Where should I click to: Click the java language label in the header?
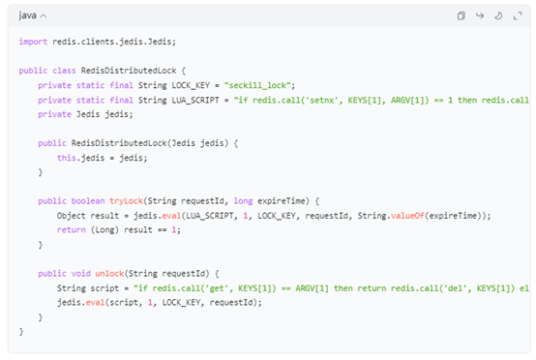coord(28,15)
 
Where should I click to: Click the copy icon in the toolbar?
coord(462,15)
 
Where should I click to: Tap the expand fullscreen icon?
coord(518,15)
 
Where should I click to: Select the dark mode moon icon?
coord(498,15)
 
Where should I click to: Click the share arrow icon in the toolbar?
coord(480,15)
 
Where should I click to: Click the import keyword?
coord(33,42)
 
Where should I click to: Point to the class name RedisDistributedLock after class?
coord(129,71)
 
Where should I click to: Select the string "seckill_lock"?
coord(258,85)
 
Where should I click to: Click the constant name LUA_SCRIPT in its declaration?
coord(195,101)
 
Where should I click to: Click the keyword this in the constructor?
coord(67,158)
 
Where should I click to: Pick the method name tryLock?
coord(126,201)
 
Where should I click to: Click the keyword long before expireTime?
coord(243,201)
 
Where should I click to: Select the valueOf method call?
coord(407,216)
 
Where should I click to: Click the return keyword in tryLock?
coord(71,229)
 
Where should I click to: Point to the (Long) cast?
coord(104,230)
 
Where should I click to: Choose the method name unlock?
coord(109,274)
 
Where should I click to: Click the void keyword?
coord(80,274)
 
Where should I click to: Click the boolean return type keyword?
coord(88,201)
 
